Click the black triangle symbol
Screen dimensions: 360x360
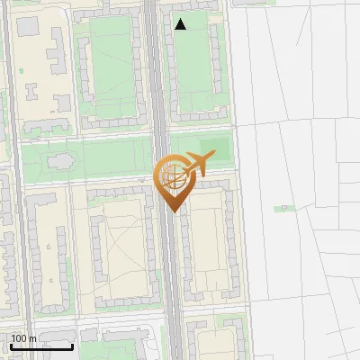[181, 24]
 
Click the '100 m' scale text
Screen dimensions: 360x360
[23, 338]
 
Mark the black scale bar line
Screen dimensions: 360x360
[41, 346]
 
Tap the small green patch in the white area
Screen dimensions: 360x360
[285, 208]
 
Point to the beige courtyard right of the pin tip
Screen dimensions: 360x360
[208, 243]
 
